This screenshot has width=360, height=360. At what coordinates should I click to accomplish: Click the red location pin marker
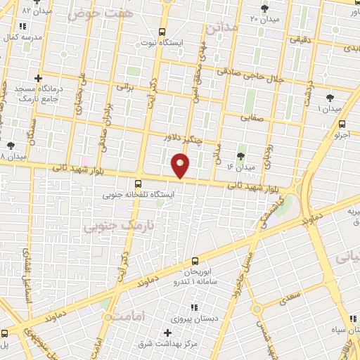(181, 165)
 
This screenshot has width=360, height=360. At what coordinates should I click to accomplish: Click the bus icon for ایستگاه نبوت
(162, 32)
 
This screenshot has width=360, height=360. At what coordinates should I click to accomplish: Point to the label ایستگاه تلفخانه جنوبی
(138, 192)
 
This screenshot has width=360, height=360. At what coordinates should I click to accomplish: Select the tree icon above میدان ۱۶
(241, 155)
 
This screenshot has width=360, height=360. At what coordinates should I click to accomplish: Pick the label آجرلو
(340, 133)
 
